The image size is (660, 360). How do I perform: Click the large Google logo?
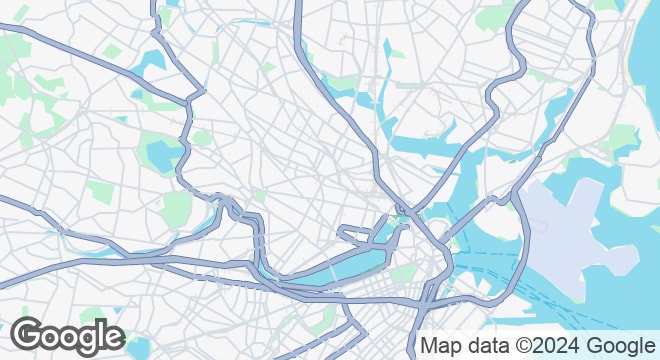coord(68,338)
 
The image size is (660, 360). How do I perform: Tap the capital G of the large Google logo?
coord(29,337)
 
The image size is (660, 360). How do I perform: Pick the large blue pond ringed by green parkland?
coord(160,155)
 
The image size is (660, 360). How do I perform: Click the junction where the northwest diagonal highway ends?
coord(190,100)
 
